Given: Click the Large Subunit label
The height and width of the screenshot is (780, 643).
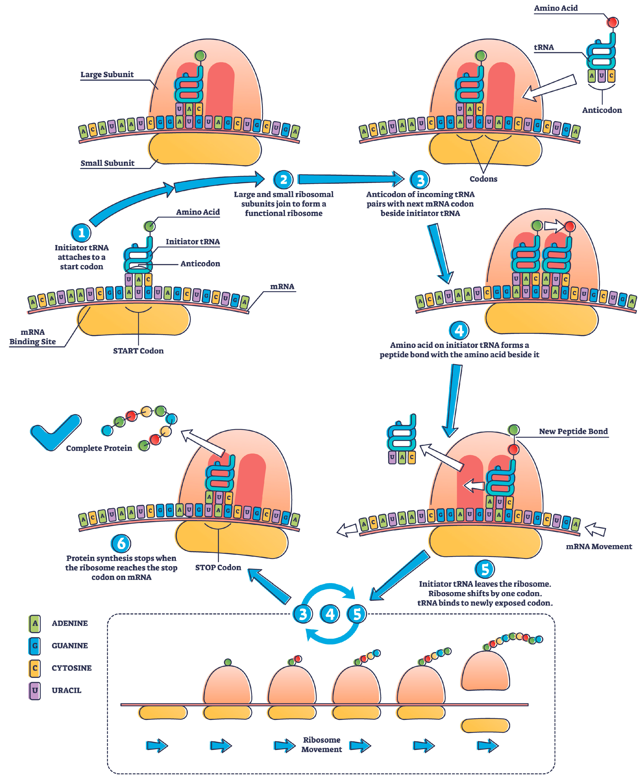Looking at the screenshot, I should coord(107,74).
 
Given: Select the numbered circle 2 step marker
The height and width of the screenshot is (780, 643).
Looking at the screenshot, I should coord(283,180).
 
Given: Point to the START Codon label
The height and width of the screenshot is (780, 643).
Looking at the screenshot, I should coord(138,351).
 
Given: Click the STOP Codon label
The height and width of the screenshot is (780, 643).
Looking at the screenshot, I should coord(218,567).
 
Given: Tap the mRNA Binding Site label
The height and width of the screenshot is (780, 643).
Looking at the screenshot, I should coord(33,337).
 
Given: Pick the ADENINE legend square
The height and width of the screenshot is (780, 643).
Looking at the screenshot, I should coord(35,623).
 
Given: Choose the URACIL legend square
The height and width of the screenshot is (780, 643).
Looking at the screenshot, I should coord(35,690).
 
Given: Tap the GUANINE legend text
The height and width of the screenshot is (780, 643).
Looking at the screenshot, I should coord(70,646).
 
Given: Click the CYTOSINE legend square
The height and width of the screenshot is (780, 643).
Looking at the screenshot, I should coord(35,668).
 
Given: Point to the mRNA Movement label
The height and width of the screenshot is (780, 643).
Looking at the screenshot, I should coord(599,547).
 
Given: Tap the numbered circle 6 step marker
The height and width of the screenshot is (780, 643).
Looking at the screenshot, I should coord(121,544).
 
